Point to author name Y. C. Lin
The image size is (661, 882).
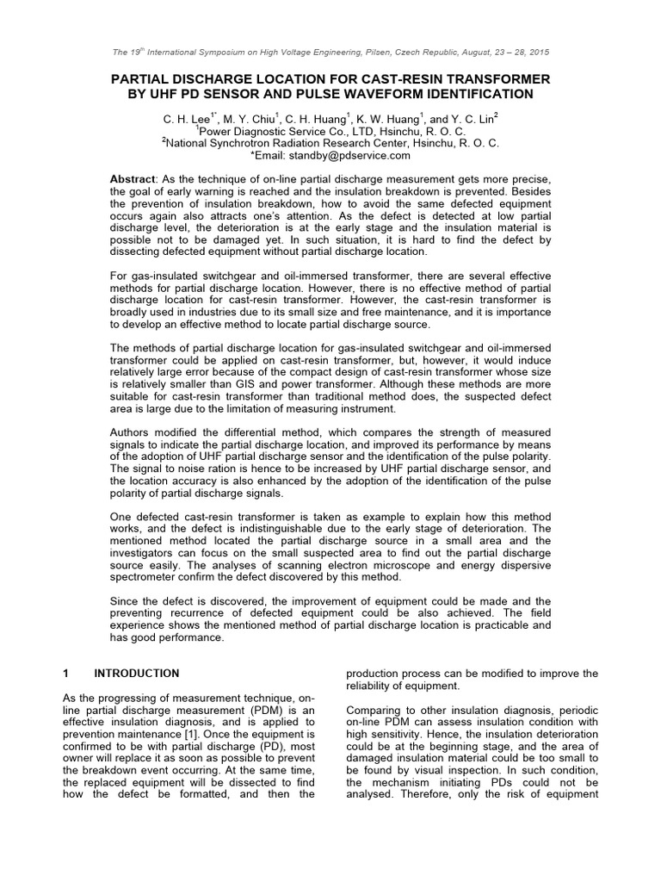tap(472, 118)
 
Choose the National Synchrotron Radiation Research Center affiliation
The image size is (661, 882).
tap(330, 143)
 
